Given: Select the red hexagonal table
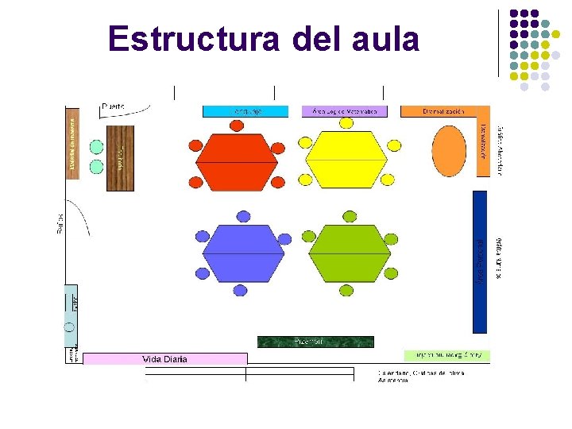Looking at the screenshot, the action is pyautogui.click(x=237, y=160).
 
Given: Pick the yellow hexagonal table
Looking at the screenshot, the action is pyautogui.click(x=346, y=160).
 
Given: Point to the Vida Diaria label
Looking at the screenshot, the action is pyautogui.click(x=164, y=359).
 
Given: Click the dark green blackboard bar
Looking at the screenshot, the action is pyautogui.click(x=315, y=342).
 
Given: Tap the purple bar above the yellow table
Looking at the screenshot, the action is pyautogui.click(x=344, y=111).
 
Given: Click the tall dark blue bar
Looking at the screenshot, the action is pyautogui.click(x=479, y=261).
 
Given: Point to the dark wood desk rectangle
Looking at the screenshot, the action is pyautogui.click(x=120, y=152).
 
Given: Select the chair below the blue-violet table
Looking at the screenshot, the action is pyautogui.click(x=241, y=291).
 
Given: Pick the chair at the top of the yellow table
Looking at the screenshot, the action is pyautogui.click(x=346, y=123).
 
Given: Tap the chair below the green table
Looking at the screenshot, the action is pyautogui.click(x=347, y=290).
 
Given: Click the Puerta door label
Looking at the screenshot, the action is pyautogui.click(x=113, y=106).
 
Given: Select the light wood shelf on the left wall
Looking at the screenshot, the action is pyautogui.click(x=72, y=143).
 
